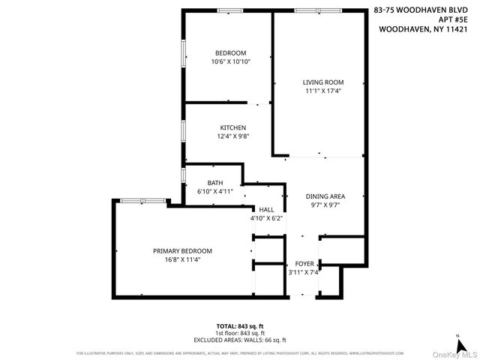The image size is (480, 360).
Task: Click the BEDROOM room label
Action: pyautogui.click(x=230, y=52)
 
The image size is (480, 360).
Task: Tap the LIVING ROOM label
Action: pyautogui.click(x=323, y=82)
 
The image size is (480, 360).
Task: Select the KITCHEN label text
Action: pyautogui.click(x=232, y=127)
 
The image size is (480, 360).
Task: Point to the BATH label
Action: pyautogui.click(x=215, y=182)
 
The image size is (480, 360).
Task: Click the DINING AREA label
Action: pyautogui.click(x=325, y=196)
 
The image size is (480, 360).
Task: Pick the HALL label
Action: pyautogui.click(x=267, y=209)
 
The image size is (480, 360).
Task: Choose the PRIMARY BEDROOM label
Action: pyautogui.click(x=182, y=250)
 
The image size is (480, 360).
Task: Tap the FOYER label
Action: pyautogui.click(x=304, y=263)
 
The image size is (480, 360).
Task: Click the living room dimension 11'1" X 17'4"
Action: pyautogui.click(x=323, y=91)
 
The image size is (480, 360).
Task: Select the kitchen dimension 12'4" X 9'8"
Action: pyautogui.click(x=232, y=136)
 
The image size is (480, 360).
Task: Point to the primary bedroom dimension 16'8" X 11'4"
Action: pyautogui.click(x=182, y=259)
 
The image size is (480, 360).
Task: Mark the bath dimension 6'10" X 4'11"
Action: pyautogui.click(x=215, y=191)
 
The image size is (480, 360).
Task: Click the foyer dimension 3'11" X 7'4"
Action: pyautogui.click(x=304, y=272)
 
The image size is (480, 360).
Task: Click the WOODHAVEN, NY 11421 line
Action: pyautogui.click(x=423, y=30)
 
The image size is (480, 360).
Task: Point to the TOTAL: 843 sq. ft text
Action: pyautogui.click(x=240, y=326)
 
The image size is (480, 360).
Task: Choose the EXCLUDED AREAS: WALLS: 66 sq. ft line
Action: pyautogui.click(x=240, y=339)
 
